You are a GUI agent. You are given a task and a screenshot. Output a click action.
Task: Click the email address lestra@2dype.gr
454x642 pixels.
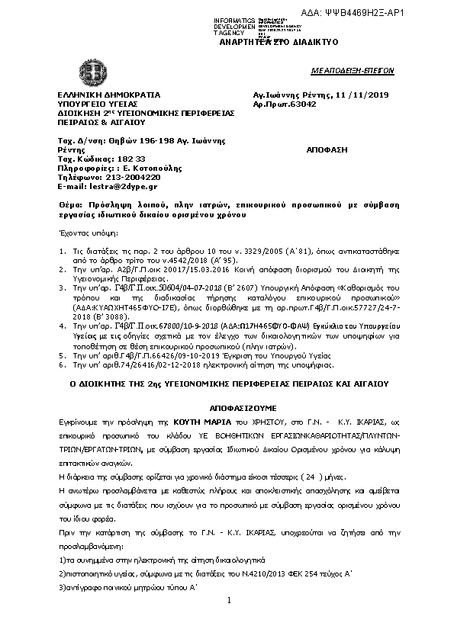pos(125,185)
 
